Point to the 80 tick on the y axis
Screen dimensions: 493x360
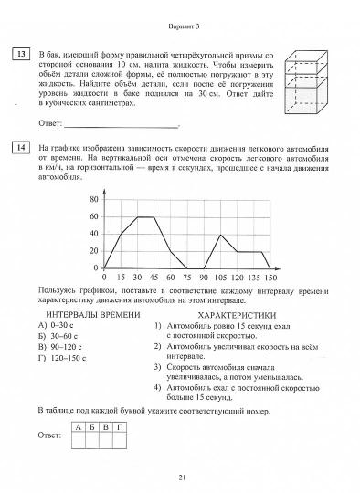point(93,198)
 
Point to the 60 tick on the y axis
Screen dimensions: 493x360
point(93,216)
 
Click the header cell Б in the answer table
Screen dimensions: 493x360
point(92,426)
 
